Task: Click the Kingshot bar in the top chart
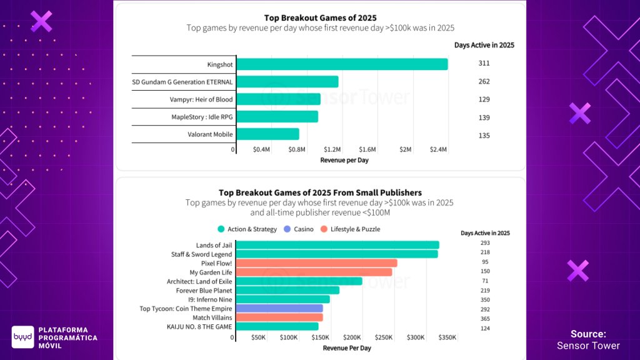point(342,64)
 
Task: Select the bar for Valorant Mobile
point(268,134)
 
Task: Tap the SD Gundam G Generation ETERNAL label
point(182,82)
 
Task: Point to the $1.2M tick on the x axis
point(332,150)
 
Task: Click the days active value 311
point(484,64)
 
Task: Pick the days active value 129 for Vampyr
point(484,100)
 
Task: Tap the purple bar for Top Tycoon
point(280,308)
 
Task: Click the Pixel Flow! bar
point(317,263)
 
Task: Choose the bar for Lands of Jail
point(337,245)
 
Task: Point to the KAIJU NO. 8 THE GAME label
point(199,326)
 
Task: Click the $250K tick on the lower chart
point(384,337)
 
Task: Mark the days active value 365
point(485,317)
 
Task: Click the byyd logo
point(22,337)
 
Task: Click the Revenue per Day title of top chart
point(344,161)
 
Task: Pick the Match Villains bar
point(279,317)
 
